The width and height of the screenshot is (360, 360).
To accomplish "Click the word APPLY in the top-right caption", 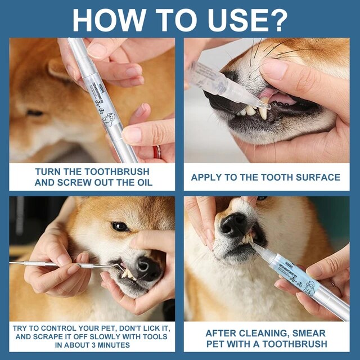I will [207, 177].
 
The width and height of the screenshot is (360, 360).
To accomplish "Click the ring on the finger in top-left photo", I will [158, 151].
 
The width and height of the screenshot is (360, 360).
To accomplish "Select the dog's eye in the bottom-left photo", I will [119, 226].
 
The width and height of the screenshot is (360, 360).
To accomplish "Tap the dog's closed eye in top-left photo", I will [35, 112].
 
